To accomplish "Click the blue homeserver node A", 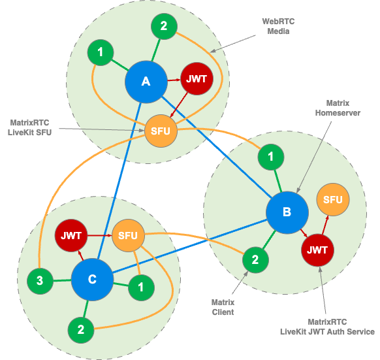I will pos(146,82).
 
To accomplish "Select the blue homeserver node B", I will pos(287,212).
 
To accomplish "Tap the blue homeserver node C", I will pos(92,280).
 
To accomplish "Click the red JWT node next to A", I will pos(197,79).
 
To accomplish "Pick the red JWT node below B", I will pos(317,250).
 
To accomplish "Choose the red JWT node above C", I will pos(70,235).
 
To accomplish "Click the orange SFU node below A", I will pos(160,131).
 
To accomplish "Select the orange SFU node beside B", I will pos(332,200).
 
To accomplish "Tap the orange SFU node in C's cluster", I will pos(128,235).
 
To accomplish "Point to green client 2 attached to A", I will pos(164,27).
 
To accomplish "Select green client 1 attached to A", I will pos(100,52).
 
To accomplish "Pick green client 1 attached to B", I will pos(271,157).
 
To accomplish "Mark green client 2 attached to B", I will pos(255,260).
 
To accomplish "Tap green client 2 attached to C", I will pos(81,329).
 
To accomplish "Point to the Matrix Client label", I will pos(223,307).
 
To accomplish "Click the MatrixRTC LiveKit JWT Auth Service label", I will pos(327,327).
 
